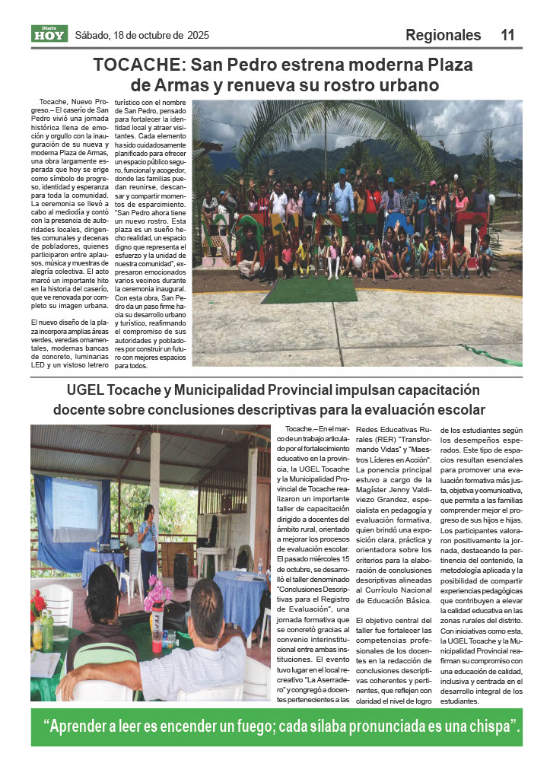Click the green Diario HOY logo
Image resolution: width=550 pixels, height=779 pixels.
[x=49, y=33]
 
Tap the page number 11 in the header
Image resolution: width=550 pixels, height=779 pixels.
[x=508, y=35]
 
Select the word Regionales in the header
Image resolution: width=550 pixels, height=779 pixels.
[x=443, y=35]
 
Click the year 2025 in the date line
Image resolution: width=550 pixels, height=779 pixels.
[x=196, y=36]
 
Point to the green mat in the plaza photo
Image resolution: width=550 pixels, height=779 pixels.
[x=309, y=289]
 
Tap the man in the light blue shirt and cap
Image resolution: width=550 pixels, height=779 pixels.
[x=343, y=195]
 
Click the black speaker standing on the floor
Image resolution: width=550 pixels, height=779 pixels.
[x=182, y=571]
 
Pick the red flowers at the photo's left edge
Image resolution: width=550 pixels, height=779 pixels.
[x=39, y=605]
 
